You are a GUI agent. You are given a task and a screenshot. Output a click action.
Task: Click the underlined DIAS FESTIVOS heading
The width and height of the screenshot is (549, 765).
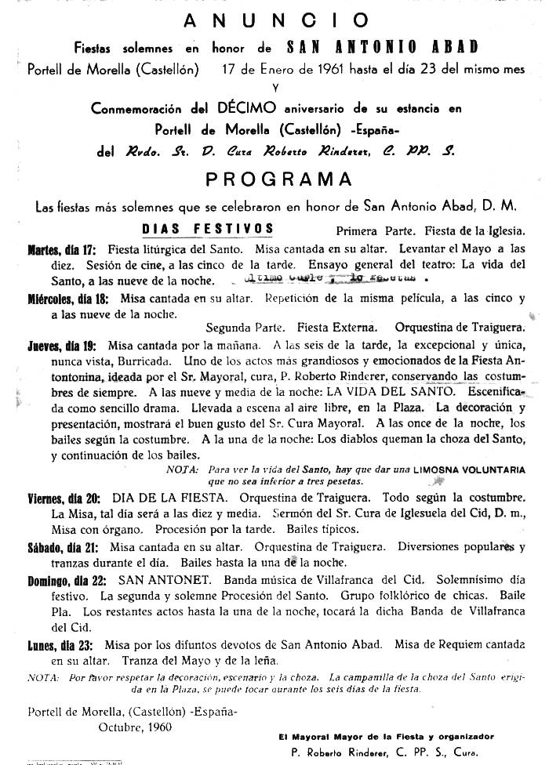pos(207,229)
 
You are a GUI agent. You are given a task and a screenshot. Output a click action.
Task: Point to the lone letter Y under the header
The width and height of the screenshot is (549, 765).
pos(274,88)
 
